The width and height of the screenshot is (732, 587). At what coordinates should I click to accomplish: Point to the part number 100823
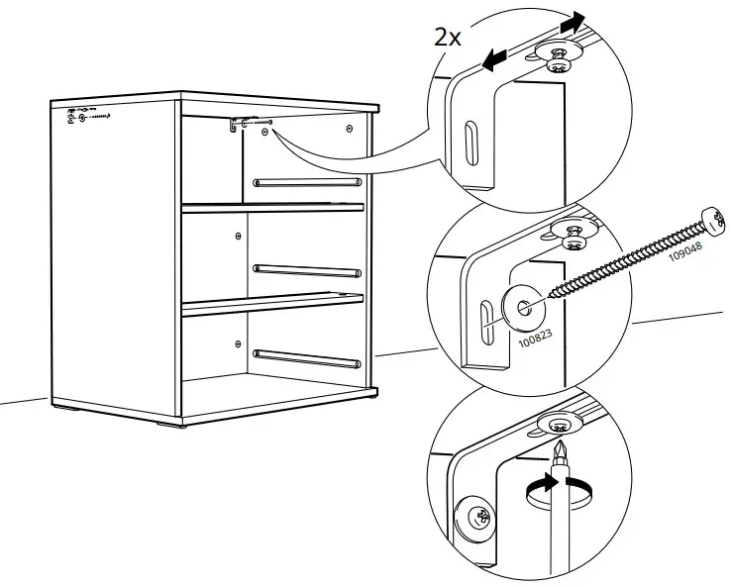coord(536,339)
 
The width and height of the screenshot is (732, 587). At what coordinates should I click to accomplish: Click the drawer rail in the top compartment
coord(307,181)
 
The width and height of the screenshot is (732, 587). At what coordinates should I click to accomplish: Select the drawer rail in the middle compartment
coord(307,267)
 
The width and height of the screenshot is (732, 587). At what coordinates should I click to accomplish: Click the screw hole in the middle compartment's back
coord(239,236)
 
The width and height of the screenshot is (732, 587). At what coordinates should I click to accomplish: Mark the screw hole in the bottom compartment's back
coord(238,342)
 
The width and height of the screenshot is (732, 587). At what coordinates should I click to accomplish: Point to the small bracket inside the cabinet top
coord(239,125)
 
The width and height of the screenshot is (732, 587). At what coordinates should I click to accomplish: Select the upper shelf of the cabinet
coord(272,207)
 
